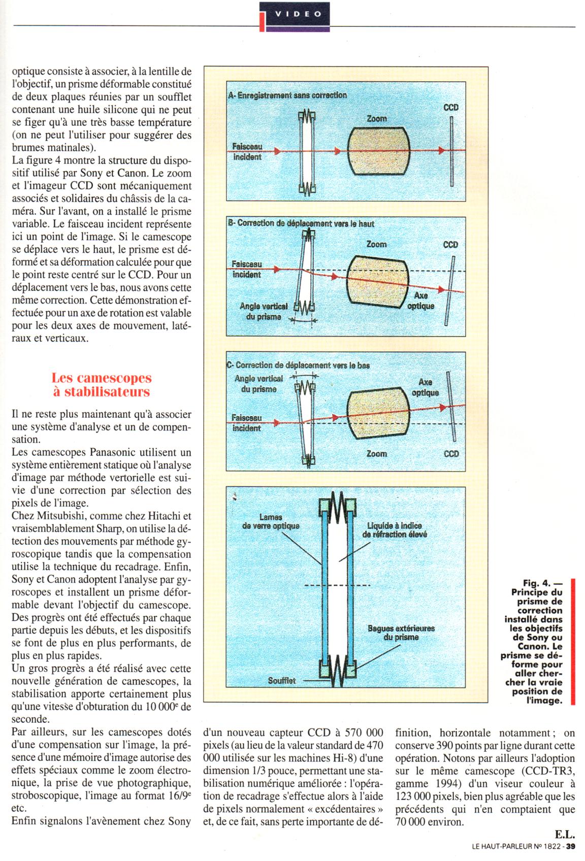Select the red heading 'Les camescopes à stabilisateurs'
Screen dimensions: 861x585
(102, 384)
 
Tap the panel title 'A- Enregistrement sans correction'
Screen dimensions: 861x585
(288, 95)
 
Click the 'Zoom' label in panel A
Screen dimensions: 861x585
(376, 118)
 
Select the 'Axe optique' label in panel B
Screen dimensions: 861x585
(421, 301)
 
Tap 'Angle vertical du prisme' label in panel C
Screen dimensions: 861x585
(258, 384)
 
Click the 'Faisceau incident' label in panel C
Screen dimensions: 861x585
(247, 422)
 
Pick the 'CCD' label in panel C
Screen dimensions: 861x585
(451, 453)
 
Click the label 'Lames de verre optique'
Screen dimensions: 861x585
(270, 522)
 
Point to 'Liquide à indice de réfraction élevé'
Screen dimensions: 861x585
(394, 530)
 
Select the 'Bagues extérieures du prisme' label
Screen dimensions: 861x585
(401, 633)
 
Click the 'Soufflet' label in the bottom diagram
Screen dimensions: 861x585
(282, 681)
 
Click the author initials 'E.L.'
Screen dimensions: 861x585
(564, 834)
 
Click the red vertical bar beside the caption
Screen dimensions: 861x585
(572, 642)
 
